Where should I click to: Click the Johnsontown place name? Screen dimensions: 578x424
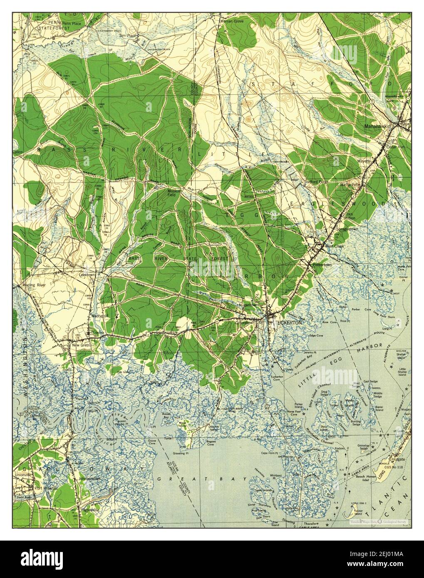88,479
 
